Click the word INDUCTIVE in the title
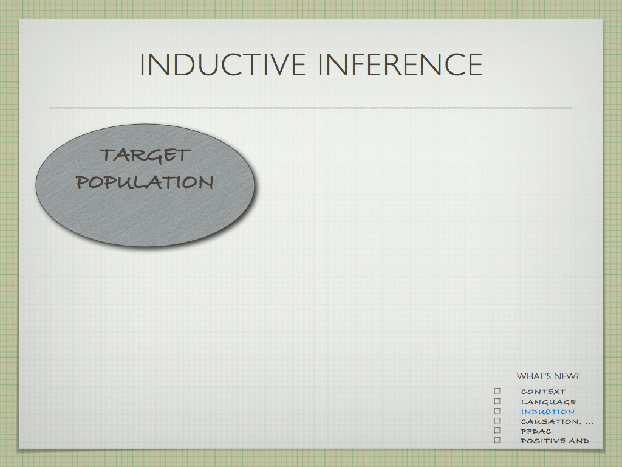tap(223, 64)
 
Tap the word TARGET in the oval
tap(146, 155)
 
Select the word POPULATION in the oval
tap(145, 182)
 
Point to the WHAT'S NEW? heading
tap(548, 376)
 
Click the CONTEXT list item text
tap(544, 392)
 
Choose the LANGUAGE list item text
tap(549, 402)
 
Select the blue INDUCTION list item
tap(548, 412)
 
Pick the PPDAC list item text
tap(536, 431)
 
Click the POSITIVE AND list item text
tap(555, 441)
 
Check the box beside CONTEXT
tap(497, 391)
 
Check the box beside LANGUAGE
tap(497, 401)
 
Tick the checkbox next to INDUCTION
tap(497, 411)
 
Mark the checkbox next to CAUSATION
tap(497, 421)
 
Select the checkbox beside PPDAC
tap(497, 431)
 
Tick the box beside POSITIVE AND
tap(497, 440)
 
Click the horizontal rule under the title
tap(310, 108)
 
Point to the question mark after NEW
tap(576, 376)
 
